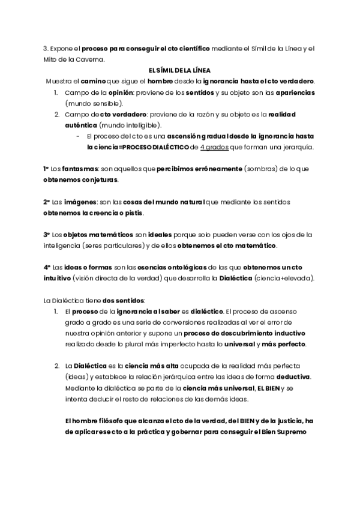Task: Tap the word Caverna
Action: click(x=89, y=59)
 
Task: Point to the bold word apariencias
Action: click(x=293, y=93)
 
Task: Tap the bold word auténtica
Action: click(x=82, y=125)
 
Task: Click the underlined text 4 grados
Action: click(x=215, y=147)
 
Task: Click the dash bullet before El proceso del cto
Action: click(x=79, y=136)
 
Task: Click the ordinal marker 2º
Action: click(x=47, y=202)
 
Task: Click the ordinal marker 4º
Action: click(x=47, y=267)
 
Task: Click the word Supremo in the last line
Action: click(x=290, y=432)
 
